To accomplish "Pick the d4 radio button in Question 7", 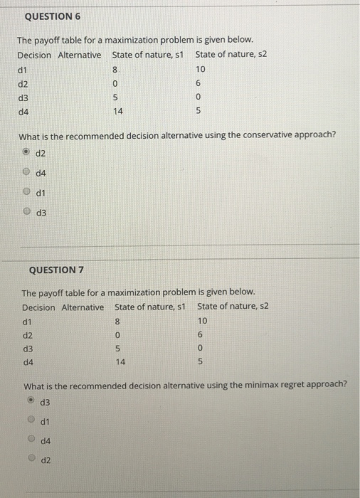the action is coord(31,441).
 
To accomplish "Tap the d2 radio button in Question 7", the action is coord(31,460).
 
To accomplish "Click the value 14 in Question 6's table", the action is coord(118,112).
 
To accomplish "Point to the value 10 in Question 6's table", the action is coord(200,70).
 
